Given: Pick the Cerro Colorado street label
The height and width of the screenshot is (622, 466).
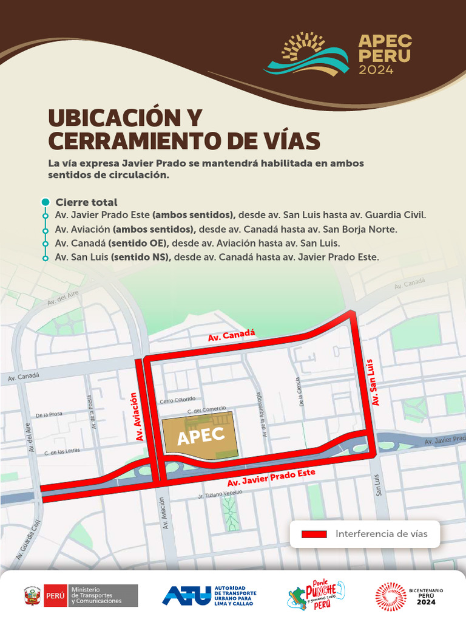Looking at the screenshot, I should click(177, 400).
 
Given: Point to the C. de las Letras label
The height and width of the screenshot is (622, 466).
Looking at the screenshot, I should click(62, 452).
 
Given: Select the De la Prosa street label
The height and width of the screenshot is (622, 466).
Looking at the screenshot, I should click(49, 415).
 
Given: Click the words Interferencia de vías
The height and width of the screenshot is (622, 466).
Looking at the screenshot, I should click(381, 534).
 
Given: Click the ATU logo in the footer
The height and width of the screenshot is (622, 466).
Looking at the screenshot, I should click(209, 595).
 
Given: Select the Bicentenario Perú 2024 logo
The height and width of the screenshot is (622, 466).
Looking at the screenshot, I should click(405, 595).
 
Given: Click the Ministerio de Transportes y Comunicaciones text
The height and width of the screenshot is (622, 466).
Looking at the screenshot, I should click(96, 595).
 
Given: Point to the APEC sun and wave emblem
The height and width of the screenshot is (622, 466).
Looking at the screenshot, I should click(306, 55).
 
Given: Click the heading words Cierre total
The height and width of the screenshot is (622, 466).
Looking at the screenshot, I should click(86, 202).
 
